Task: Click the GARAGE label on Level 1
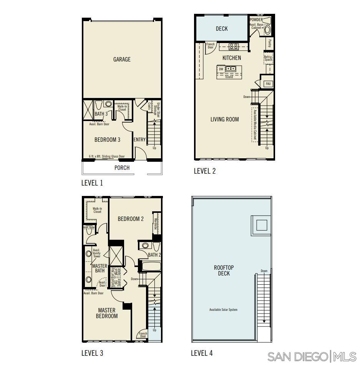[122, 60]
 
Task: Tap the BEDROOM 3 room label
[107, 140]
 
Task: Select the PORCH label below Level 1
[122, 168]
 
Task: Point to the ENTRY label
[139, 140]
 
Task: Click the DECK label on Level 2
[222, 29]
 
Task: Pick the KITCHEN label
[232, 58]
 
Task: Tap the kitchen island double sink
[231, 69]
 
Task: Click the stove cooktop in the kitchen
[233, 46]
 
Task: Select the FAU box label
[268, 83]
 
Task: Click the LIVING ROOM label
[224, 119]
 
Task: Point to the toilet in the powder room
[268, 30]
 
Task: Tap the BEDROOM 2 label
[131, 219]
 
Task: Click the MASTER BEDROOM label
[107, 313]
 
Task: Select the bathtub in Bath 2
[150, 266]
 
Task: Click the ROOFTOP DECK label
[224, 270]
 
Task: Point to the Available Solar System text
[223, 310]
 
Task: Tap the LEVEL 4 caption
[202, 353]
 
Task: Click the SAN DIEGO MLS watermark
[312, 357]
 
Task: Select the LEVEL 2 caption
[205, 171]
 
